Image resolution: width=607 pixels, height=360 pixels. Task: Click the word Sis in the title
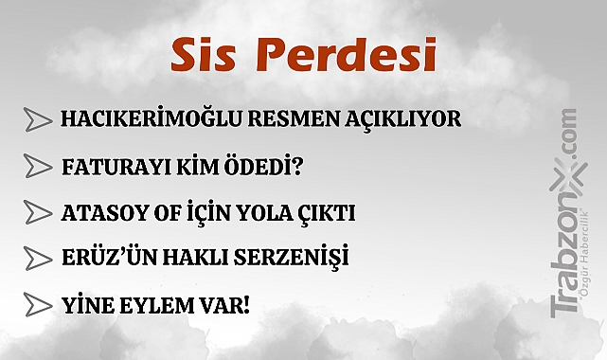pos(203,57)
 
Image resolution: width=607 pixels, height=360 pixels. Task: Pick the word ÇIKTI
pos(324,213)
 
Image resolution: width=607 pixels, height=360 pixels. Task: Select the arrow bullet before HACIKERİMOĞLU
pos(37,119)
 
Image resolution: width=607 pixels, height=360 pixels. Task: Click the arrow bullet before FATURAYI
pos(37,168)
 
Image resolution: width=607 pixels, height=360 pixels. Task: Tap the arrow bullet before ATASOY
pos(37,211)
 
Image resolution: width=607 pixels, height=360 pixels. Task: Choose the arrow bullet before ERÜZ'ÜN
pos(37,258)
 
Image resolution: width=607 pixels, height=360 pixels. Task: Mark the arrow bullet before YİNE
pos(37,305)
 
